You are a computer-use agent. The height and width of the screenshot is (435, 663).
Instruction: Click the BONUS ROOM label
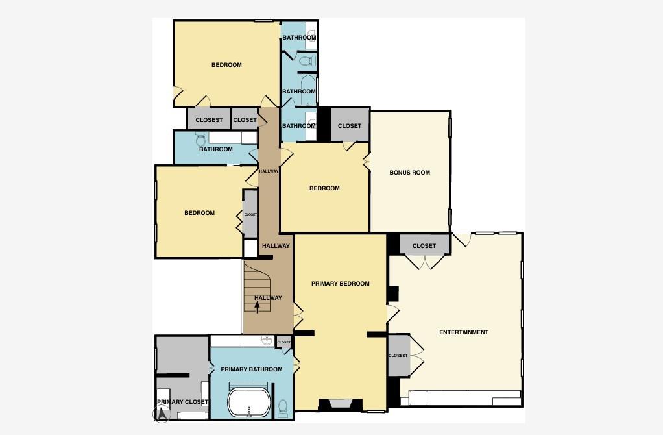click(410, 173)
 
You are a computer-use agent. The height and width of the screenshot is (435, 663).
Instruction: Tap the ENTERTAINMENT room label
click(464, 332)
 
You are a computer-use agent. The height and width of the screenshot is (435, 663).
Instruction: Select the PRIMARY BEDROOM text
click(341, 284)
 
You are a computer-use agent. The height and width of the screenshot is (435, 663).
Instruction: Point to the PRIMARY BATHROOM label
click(252, 369)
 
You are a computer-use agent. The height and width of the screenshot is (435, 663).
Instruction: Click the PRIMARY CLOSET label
click(182, 402)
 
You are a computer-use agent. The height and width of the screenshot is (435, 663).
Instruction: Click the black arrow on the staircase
click(258, 306)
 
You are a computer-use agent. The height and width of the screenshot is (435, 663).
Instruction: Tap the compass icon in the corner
click(162, 413)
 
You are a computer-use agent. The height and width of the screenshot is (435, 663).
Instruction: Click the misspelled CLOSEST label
click(210, 120)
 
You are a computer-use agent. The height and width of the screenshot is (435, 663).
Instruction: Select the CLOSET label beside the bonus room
click(350, 126)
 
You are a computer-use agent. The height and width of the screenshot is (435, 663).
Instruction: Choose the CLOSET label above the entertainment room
click(424, 246)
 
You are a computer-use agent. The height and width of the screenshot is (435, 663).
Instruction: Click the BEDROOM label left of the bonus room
click(324, 188)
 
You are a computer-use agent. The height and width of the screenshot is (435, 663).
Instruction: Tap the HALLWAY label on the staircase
click(268, 298)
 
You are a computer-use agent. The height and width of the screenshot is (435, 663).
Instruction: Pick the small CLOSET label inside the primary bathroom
click(284, 342)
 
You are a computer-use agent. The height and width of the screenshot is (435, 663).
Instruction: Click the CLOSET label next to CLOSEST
click(245, 120)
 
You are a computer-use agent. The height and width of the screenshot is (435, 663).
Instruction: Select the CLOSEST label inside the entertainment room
click(398, 356)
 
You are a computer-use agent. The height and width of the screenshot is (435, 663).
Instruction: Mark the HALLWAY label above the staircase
click(276, 246)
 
